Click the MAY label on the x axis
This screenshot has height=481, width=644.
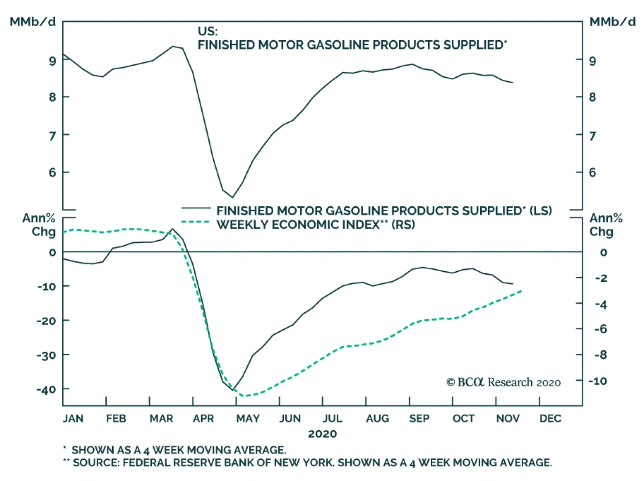tap(248, 419)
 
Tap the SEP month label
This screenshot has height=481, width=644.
tap(419, 419)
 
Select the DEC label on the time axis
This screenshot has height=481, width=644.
tap(550, 419)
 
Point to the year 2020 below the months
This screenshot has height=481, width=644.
tap(322, 434)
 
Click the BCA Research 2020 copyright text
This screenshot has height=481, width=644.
tap(503, 382)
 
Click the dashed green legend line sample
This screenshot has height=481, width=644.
tap(196, 222)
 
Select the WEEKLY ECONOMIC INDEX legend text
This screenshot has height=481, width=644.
tap(298, 225)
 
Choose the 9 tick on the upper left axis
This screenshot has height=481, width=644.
tap(53, 61)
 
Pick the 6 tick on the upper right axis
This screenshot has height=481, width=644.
tap(592, 173)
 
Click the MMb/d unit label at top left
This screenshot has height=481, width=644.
tap(33, 22)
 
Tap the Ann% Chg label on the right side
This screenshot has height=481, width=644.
tap(606, 225)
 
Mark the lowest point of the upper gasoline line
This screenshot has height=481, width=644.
tap(232, 197)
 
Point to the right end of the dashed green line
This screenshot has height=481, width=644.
tap(522, 291)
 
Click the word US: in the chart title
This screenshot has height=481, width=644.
tap(207, 31)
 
